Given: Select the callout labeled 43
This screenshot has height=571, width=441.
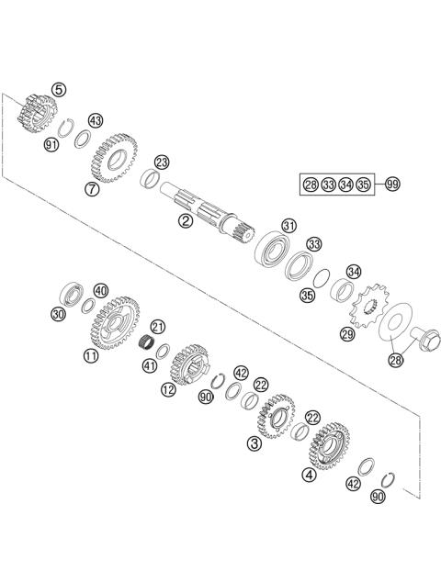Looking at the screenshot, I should point(96,121).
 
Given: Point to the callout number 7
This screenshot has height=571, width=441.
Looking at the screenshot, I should point(91,189).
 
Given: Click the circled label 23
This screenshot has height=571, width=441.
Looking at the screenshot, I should point(162,163).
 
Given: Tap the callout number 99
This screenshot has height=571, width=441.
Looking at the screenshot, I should point(392,185).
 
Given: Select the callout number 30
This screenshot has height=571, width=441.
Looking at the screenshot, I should point(58,315).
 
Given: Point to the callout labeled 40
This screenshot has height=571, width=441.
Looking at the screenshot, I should point(100,291).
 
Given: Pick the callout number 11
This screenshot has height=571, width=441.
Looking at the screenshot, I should point(90,355).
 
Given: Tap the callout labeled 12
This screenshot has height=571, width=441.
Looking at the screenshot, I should point(168,388).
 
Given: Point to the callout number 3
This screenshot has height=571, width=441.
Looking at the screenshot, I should point(254,442).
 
